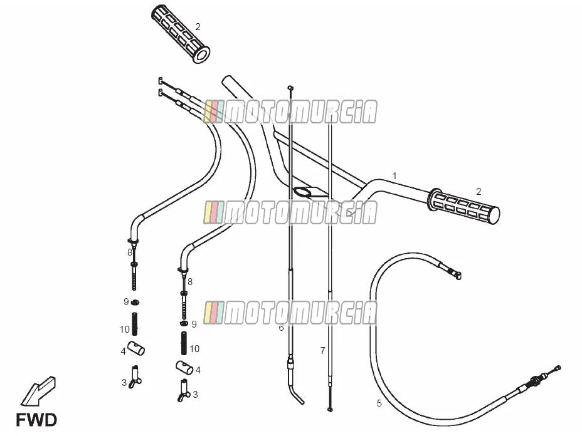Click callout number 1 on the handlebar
click(394, 176)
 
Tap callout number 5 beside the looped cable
click(379, 403)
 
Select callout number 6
click(281, 328)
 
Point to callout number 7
click(322, 350)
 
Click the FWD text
click(36, 420)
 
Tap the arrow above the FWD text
click(38, 390)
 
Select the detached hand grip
click(181, 34)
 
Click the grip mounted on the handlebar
click(463, 207)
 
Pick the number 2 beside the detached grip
click(198, 27)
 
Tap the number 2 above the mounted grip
click(479, 191)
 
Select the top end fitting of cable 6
click(290, 88)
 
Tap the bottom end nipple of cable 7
click(330, 409)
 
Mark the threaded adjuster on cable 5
click(537, 380)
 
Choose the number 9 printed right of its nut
click(194, 324)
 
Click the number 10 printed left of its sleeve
click(124, 330)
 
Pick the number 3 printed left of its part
click(124, 383)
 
